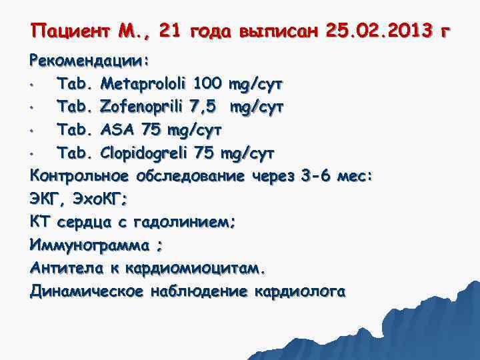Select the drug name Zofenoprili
pyautogui.click(x=143, y=107)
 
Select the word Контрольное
pyautogui.click(x=80, y=177)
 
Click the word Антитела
pyautogui.click(x=65, y=269)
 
